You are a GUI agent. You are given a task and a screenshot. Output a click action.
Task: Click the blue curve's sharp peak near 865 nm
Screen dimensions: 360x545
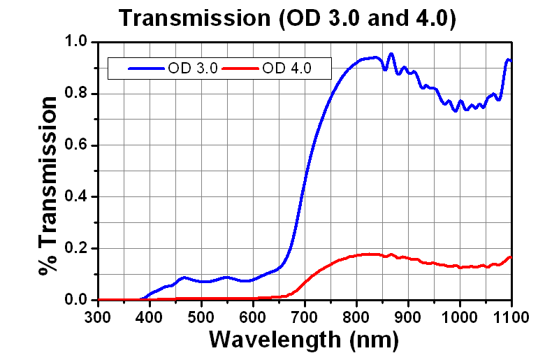click(x=391, y=53)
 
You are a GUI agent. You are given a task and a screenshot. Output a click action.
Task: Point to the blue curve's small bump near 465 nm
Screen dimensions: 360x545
click(x=184, y=278)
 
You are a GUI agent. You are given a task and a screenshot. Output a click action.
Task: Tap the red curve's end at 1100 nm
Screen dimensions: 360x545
click(x=511, y=257)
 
